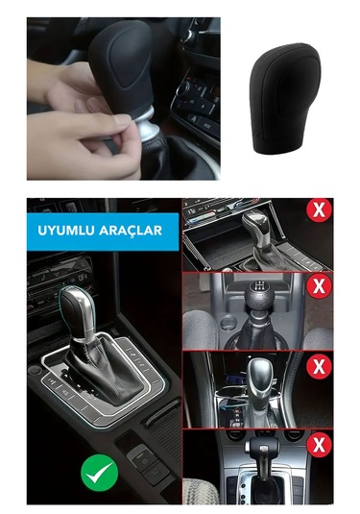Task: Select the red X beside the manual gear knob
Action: (x=318, y=285)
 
